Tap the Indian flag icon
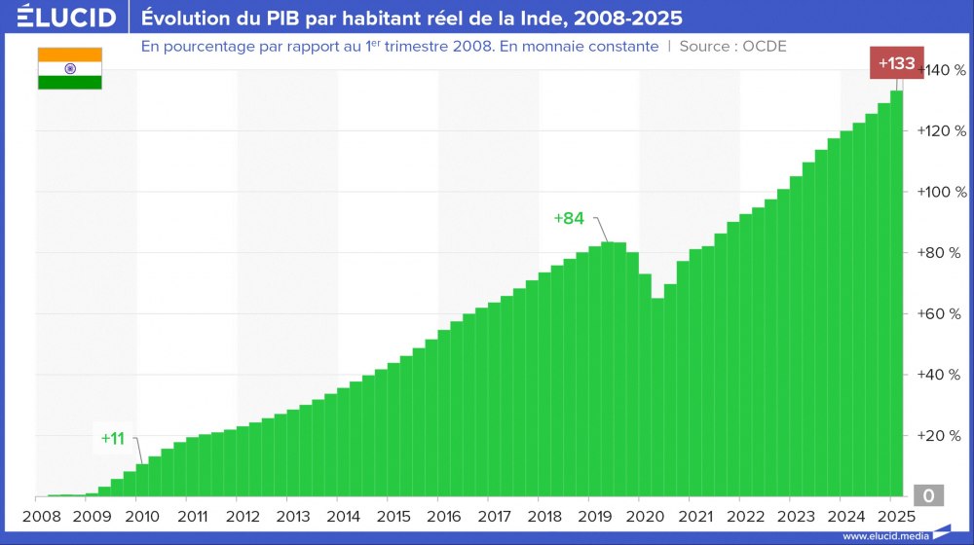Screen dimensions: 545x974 pos(70,68)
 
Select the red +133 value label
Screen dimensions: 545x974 pos(896,64)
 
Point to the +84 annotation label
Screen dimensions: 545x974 pos(569,218)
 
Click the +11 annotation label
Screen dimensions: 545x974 pos(113,438)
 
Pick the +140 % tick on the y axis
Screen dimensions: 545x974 pos(942,70)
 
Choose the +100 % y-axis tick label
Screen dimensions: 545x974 pos(942,192)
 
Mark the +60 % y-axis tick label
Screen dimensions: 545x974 pos(942,313)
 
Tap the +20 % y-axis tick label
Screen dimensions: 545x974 pos(942,435)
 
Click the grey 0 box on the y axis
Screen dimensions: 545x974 pos(928,496)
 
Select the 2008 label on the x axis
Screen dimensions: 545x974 pos(42,517)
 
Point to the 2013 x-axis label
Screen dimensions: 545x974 pos(293,517)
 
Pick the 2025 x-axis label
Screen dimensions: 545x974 pos(894,517)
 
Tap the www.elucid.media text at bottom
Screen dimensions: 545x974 pos(884,535)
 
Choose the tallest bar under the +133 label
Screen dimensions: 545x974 pos(896,292)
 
